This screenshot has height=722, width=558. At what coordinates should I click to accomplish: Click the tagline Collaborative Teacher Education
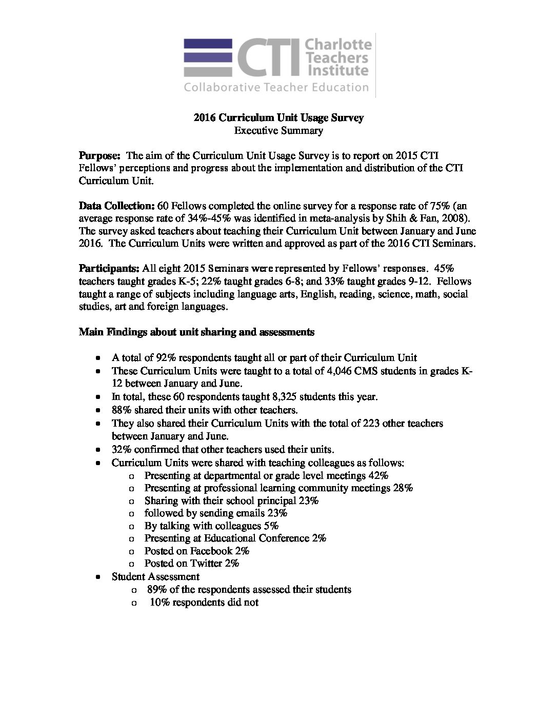[276, 87]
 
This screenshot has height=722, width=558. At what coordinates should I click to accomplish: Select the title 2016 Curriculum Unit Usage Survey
[278, 118]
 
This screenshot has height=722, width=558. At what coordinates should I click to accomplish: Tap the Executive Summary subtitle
[278, 131]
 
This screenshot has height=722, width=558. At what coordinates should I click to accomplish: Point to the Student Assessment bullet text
[155, 576]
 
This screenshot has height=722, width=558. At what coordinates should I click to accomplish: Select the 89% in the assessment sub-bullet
[156, 589]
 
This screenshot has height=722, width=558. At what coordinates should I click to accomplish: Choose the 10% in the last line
[160, 602]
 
